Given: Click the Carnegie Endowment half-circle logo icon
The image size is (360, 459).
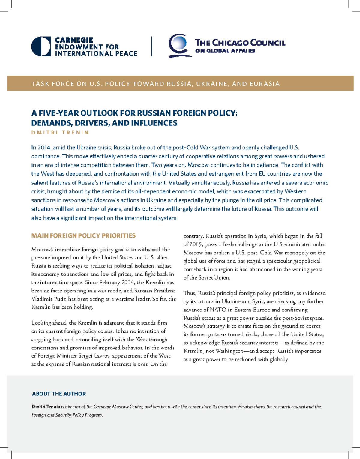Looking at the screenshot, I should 41,46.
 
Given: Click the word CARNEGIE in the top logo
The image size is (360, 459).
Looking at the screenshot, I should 74,40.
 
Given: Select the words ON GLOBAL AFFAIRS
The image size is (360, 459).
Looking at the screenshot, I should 225,51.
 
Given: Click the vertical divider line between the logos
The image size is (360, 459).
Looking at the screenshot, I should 152,46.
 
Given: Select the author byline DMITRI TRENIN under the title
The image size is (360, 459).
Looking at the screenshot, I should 60,132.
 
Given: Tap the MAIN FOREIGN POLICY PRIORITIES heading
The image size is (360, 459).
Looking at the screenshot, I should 83,236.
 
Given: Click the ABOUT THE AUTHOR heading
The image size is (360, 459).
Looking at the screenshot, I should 59,394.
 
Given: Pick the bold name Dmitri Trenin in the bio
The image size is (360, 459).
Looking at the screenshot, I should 46,407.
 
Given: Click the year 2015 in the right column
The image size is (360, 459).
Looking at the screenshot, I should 196,244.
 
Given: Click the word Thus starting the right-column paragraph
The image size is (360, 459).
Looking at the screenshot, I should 190,293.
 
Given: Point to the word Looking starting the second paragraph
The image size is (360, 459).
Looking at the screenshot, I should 41,323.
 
